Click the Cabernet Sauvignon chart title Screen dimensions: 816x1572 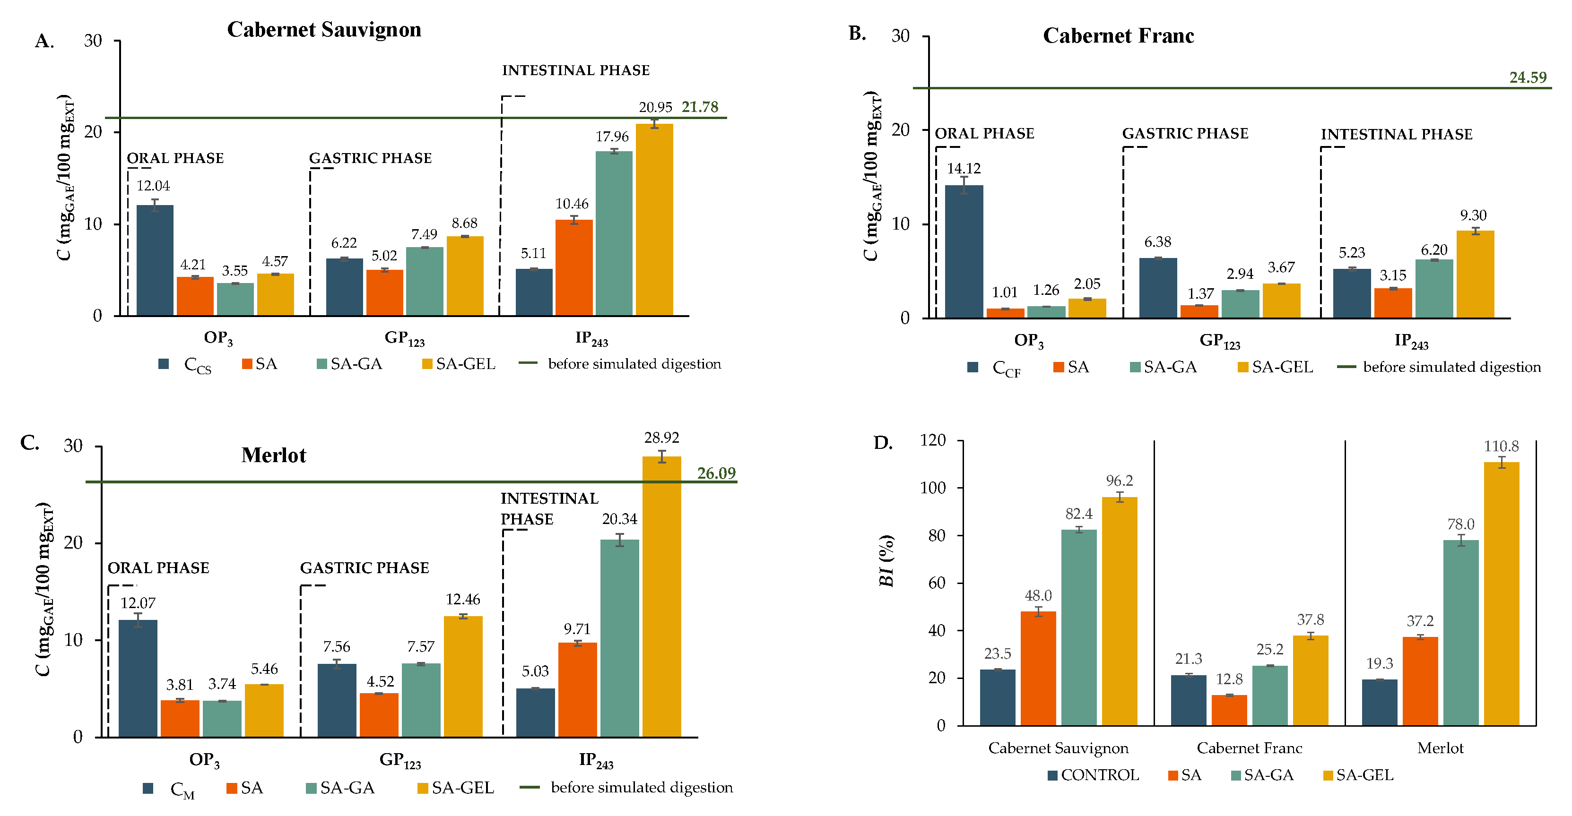(324, 29)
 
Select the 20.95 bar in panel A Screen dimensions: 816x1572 (654, 220)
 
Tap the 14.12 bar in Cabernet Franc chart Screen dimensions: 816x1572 (964, 251)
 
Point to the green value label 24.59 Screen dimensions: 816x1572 (1528, 77)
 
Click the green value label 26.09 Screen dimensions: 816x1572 (716, 473)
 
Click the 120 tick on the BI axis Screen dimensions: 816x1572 (932, 440)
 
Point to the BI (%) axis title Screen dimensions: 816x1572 (886, 560)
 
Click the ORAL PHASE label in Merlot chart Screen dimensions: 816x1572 (158, 568)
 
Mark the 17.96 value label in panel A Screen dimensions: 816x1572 (612, 137)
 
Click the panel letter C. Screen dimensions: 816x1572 (29, 442)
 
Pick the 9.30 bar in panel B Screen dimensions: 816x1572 (1475, 274)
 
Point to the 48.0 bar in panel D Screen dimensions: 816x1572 (1038, 669)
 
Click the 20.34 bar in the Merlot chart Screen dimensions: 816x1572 (619, 638)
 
